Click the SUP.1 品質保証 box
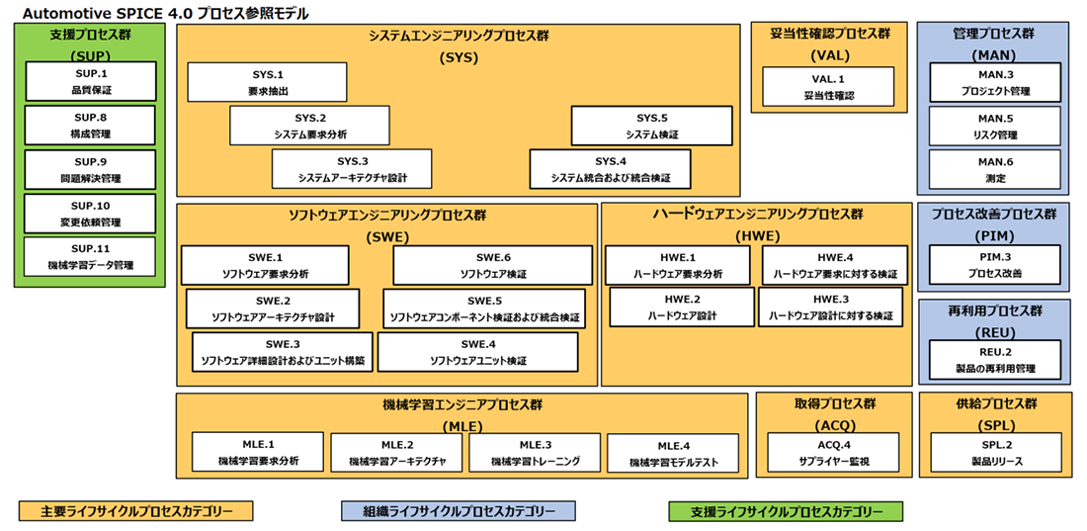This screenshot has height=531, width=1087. click(90, 81)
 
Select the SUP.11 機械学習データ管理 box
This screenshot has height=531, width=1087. click(90, 257)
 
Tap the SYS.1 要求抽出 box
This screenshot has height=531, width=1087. click(267, 83)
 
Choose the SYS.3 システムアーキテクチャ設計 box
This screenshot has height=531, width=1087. click(352, 169)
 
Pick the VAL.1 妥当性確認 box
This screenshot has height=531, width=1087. click(828, 87)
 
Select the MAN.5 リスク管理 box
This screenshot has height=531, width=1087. click(994, 127)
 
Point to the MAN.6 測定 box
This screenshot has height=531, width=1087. click(994, 169)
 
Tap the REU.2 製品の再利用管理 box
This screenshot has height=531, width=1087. click(994, 360)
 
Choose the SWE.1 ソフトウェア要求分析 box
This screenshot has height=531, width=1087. click(265, 265)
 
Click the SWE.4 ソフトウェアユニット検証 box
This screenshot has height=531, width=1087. click(477, 352)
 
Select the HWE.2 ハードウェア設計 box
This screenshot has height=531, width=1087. click(681, 308)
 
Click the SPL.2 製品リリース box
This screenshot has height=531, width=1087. click(994, 453)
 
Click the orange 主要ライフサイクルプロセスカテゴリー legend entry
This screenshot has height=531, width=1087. click(136, 511)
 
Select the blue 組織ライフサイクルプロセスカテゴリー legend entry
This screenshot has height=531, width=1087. click(458, 511)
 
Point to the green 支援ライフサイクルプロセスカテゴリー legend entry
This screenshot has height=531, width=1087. click(786, 511)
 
